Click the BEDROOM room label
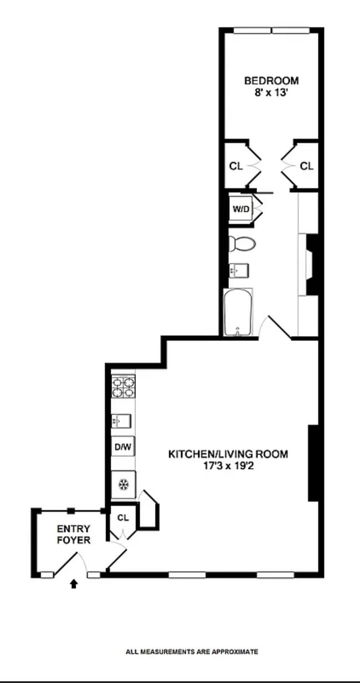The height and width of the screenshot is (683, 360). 271,81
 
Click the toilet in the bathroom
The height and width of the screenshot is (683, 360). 242,243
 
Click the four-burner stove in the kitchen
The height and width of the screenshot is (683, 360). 123,386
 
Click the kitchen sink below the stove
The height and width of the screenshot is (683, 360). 121,421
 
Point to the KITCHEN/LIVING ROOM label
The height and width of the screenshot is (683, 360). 228,454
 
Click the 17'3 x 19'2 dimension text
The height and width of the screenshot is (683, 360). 228,466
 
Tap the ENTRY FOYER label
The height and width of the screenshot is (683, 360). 73,535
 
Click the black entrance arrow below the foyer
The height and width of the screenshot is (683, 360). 74,583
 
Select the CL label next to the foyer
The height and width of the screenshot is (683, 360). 123,518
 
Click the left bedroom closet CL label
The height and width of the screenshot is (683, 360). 236,166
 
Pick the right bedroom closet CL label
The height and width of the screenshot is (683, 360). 306,166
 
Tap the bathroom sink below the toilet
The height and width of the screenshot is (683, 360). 239,270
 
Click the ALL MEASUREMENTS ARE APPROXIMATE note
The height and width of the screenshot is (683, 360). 192,651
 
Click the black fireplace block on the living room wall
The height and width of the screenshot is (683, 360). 313,463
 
